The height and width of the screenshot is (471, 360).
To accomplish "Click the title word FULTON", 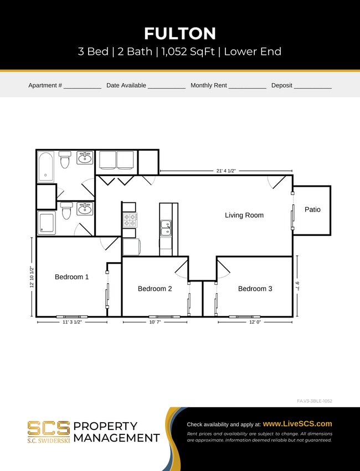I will click(x=180, y=33).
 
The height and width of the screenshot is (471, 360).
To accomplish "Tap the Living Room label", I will click(x=244, y=215).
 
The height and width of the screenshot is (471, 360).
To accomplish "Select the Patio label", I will click(x=312, y=209).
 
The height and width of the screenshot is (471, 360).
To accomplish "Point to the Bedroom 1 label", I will click(x=71, y=277).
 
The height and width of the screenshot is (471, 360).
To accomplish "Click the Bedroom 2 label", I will click(x=155, y=289).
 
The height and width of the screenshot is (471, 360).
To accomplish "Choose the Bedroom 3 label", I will click(x=255, y=289).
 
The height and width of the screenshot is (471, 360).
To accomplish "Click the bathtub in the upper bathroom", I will click(x=46, y=166).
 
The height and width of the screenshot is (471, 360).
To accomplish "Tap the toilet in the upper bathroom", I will click(x=65, y=160).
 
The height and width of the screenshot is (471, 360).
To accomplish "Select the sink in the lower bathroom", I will click(x=85, y=209).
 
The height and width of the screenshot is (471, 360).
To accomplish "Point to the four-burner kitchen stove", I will click(x=129, y=220).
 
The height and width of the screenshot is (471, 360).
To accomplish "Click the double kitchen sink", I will click(x=166, y=228).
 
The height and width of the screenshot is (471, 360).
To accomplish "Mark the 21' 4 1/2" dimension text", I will click(x=226, y=171).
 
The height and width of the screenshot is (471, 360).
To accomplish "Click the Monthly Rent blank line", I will click(x=247, y=88).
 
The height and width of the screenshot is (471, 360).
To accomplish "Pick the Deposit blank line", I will click(x=312, y=88).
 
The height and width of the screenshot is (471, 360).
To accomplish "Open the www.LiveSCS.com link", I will click(x=297, y=423).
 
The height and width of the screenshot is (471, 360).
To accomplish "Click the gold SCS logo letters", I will click(x=49, y=428).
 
